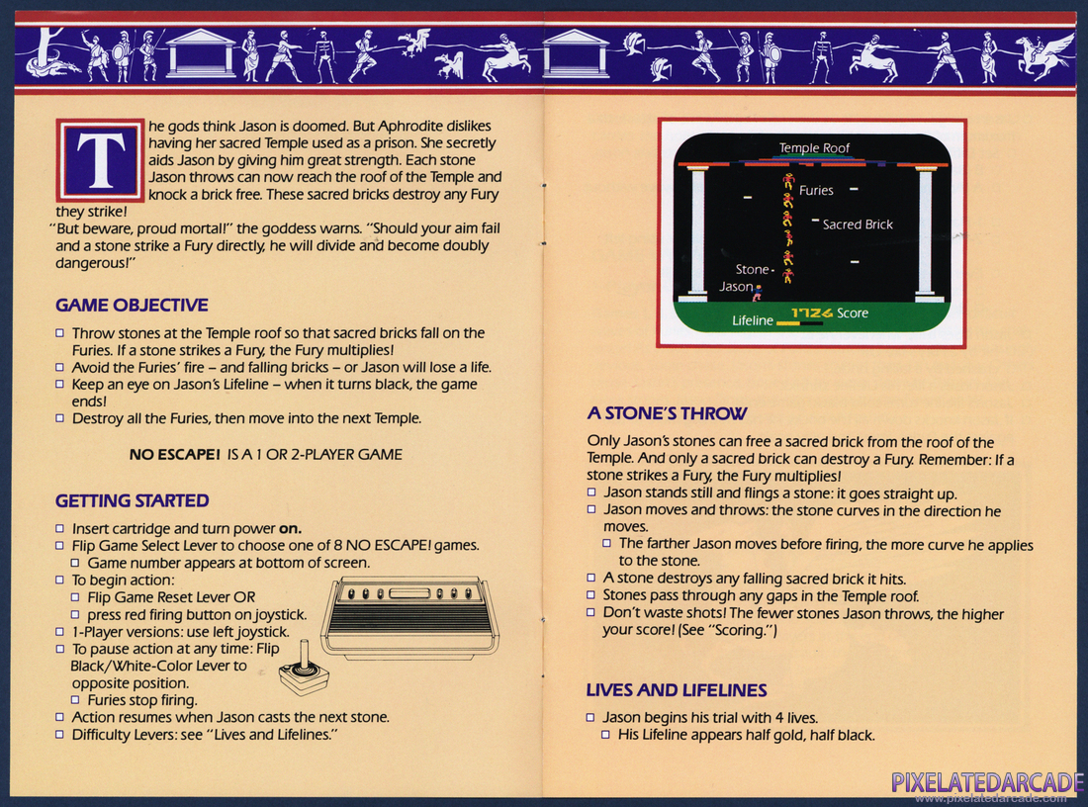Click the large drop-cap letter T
point(101,160)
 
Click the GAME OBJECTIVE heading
point(132,306)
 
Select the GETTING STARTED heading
point(132,501)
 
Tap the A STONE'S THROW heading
point(667,413)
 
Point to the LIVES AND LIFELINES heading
point(677,690)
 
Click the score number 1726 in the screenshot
point(812,314)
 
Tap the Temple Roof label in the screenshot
point(814,147)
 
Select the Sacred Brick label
point(858,224)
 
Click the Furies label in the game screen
point(816,190)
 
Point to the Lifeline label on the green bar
point(752,320)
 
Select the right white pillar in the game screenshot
point(926,233)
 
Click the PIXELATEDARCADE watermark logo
point(987,782)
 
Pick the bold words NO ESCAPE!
point(174,455)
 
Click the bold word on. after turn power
point(290,529)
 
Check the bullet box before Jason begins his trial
point(590,717)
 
